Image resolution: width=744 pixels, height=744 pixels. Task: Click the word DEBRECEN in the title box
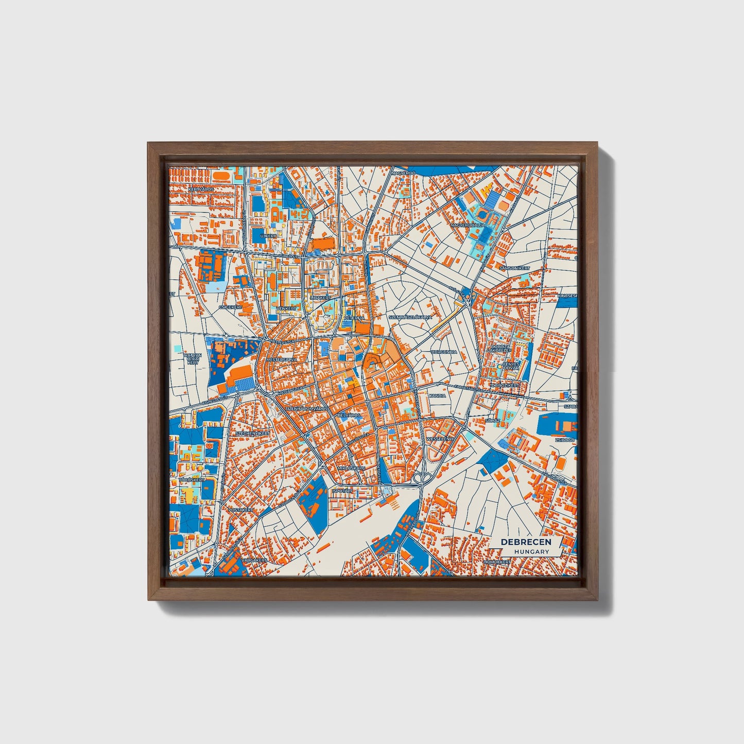coord(526,542)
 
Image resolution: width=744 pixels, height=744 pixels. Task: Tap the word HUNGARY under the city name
coord(531,551)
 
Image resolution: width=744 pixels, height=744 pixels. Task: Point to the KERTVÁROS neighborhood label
coord(201,189)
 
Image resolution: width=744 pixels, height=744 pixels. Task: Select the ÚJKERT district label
coord(268,236)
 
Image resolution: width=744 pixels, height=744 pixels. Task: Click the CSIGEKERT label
coord(230,307)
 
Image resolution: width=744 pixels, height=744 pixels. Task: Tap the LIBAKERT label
coord(320,298)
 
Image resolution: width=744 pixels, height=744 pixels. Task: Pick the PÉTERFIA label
coord(354,318)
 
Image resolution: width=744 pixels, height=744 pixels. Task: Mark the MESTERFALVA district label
coord(282,360)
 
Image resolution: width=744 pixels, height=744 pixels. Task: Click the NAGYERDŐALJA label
coord(468,226)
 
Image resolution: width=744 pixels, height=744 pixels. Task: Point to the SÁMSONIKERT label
coord(514,268)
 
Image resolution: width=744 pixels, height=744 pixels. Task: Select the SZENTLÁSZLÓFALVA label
coord(410,317)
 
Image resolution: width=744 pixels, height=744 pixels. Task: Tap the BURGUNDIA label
coord(444,353)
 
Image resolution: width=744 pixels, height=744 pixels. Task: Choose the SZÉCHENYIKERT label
coord(252,434)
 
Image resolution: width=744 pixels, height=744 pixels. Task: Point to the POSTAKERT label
coord(241,509)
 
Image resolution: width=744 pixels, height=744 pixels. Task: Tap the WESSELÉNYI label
coord(439,439)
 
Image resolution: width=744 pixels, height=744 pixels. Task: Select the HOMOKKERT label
coord(498,562)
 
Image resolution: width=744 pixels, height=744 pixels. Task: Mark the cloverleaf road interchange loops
coord(423,478)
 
